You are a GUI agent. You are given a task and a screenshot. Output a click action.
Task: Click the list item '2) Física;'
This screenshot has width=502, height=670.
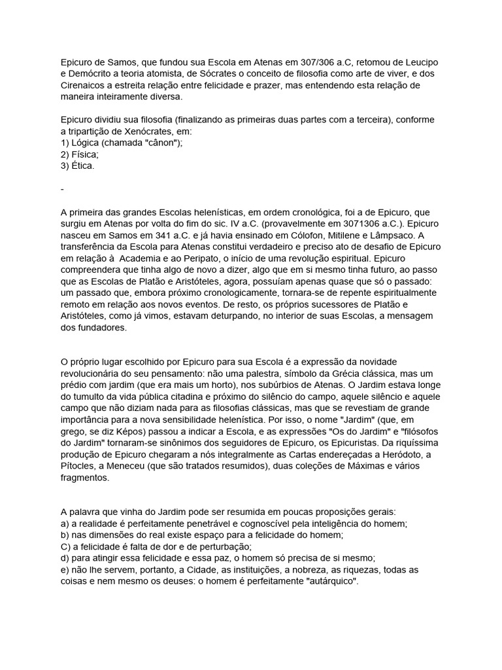pos(79,155)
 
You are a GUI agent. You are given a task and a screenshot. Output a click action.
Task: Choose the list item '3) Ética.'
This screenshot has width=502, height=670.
pos(77,166)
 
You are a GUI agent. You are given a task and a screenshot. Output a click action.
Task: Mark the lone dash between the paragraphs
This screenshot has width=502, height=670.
pos(61,189)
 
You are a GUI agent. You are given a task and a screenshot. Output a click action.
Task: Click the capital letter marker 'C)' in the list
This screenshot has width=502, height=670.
pos(66,546)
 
